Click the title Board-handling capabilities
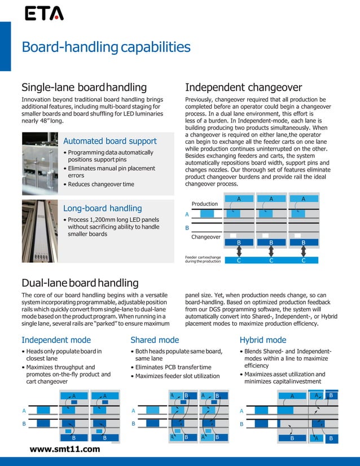pos(106,47)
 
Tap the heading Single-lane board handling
pos(84,87)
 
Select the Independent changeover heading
pos(243,87)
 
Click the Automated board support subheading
pos(110,141)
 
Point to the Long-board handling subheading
pos(102,208)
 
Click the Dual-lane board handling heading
pos(80,283)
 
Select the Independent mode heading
pos(56,340)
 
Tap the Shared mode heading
pos(155,340)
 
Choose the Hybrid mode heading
pos(263,340)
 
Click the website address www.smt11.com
pos(65,449)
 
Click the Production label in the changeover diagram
pos(204,204)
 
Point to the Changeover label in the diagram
pos(206,238)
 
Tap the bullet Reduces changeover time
pos(100,184)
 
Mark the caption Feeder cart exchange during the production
pos(203,260)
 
